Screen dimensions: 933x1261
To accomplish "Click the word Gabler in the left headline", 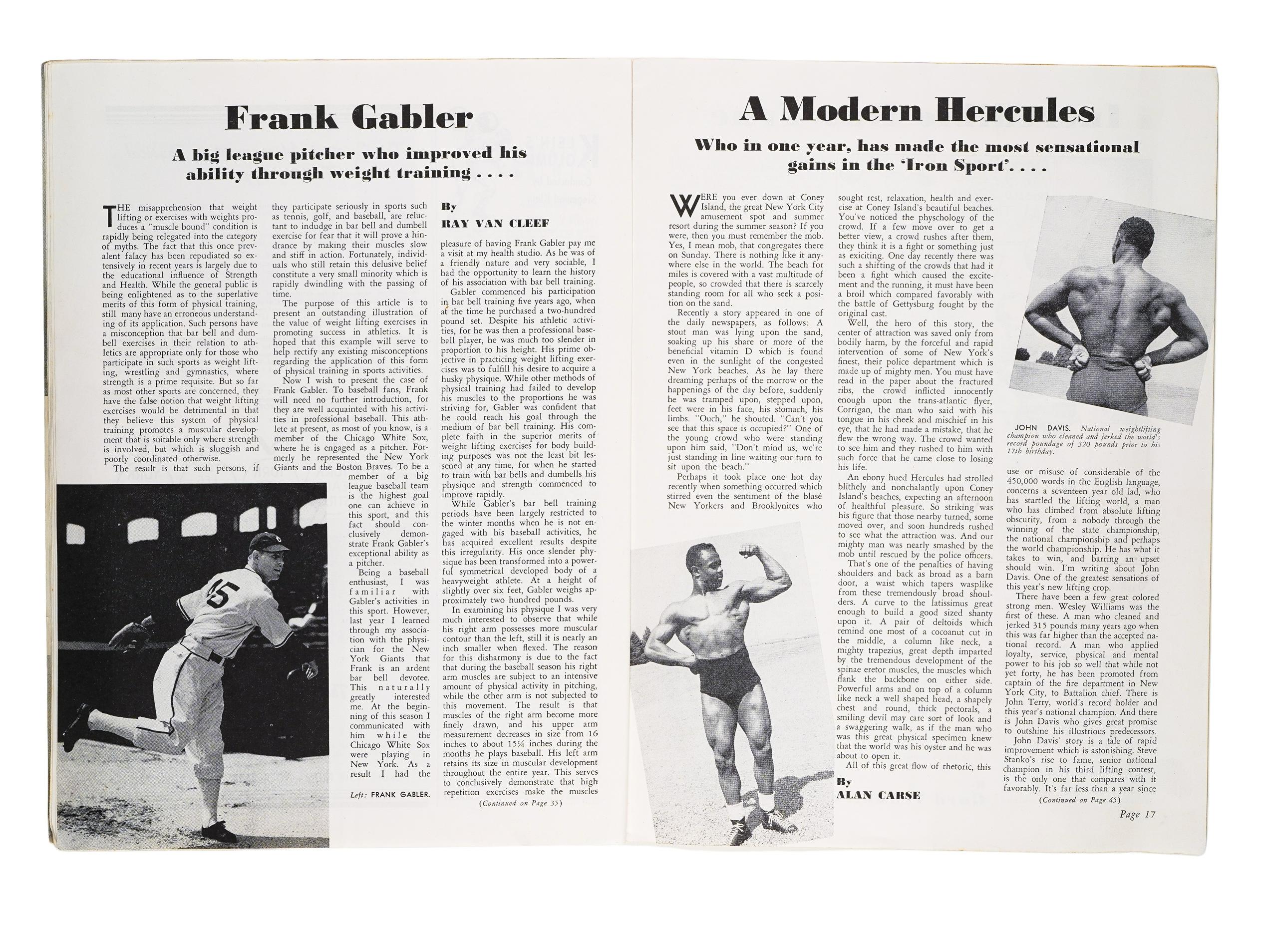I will (412, 118).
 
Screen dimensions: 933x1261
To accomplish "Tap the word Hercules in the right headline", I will (1015, 111).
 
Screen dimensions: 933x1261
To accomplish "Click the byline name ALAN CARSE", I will (878, 795).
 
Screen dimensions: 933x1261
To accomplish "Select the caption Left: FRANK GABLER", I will (390, 794).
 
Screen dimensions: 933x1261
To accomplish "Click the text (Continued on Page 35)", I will (520, 804).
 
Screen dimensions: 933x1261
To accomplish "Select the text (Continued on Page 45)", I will (1079, 800).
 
